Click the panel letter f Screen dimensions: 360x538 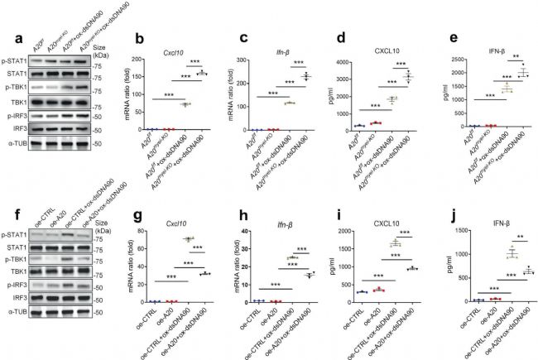tap(7, 217)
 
